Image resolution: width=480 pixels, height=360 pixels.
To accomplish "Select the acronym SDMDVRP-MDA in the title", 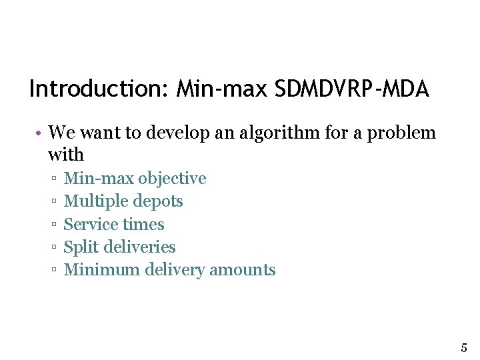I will click(351, 89).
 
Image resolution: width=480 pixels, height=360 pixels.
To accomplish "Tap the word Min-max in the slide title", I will click(220, 89).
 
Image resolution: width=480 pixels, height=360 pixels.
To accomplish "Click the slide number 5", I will click(464, 347).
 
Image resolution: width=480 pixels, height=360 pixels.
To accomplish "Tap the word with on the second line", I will click(66, 155).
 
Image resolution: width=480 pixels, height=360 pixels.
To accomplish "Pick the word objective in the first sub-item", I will click(172, 179).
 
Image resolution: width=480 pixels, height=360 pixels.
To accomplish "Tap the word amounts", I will click(243, 270).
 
